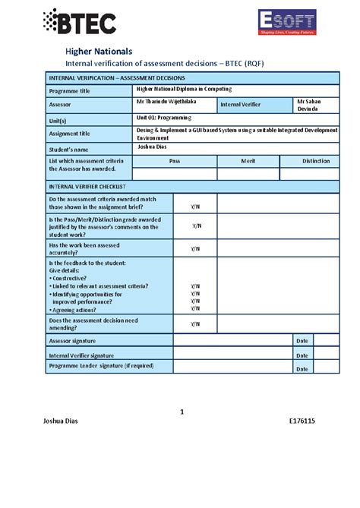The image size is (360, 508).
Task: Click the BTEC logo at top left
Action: (79, 24)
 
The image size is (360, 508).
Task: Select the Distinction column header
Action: (315, 161)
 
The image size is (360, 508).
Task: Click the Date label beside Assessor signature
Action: (302, 341)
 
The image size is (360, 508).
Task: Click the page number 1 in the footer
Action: (182, 412)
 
